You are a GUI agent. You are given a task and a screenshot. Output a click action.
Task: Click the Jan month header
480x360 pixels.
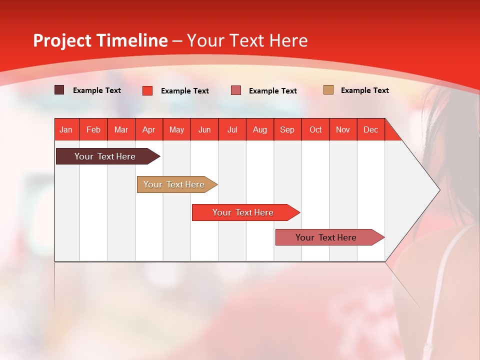(x=66, y=130)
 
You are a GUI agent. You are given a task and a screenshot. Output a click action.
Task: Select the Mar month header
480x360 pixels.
(x=121, y=130)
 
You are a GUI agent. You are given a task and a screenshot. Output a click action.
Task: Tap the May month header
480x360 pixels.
(x=176, y=130)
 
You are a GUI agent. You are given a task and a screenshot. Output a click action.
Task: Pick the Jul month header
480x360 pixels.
(x=232, y=130)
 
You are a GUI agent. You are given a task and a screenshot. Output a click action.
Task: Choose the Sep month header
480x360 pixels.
(x=287, y=130)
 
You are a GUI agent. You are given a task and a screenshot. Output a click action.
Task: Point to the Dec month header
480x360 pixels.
(x=370, y=130)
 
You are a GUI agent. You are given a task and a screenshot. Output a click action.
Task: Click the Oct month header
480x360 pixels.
(x=315, y=130)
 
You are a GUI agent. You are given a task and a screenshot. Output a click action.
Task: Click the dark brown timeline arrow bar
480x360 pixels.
(x=105, y=156)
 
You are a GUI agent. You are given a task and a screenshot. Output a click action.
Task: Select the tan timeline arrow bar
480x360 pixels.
(x=174, y=184)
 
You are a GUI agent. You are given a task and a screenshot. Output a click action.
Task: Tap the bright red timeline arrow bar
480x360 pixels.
(x=243, y=212)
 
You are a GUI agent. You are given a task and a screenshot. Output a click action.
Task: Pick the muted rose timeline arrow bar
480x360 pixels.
(x=326, y=237)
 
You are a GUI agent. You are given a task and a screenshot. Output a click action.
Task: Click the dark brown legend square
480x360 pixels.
(x=59, y=90)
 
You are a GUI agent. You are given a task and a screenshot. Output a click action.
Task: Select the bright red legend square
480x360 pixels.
(x=147, y=90)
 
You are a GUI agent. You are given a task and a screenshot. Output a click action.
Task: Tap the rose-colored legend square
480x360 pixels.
(x=236, y=90)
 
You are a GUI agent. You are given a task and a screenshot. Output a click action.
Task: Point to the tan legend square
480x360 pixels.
(x=328, y=90)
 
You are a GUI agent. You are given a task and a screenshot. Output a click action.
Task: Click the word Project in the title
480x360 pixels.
(x=62, y=40)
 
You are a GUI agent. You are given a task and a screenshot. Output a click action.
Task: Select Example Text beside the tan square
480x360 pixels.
(x=364, y=90)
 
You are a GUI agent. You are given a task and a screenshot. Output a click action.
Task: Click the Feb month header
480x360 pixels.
(x=93, y=130)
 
